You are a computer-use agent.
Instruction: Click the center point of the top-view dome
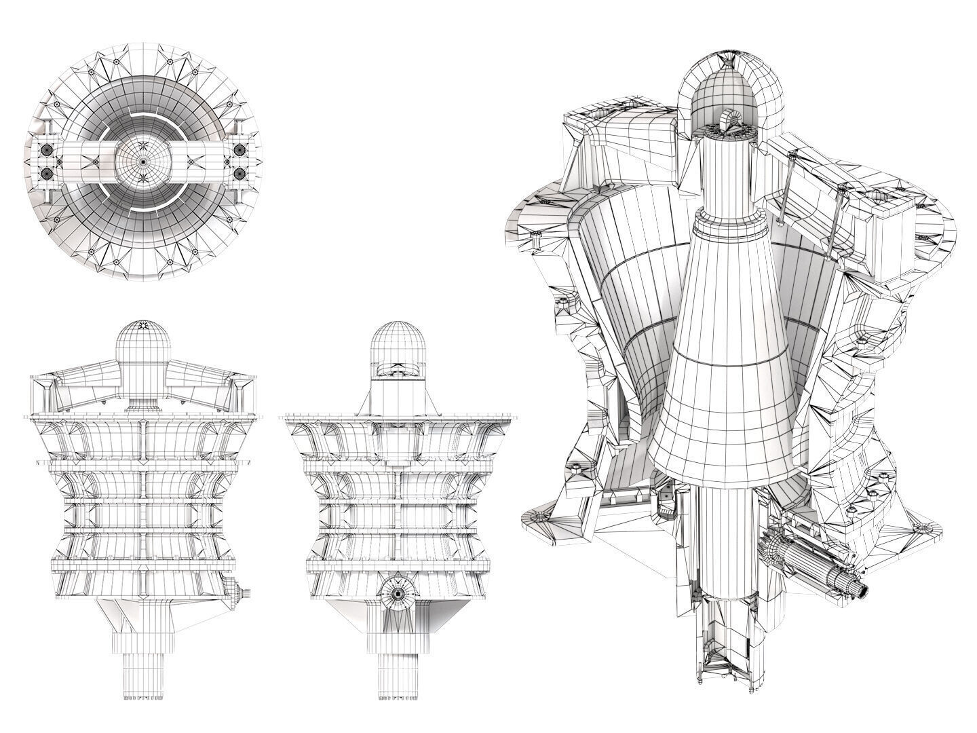(x=143, y=162)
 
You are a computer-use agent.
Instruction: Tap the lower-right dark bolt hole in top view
(x=239, y=174)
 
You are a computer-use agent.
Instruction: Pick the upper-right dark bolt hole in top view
(x=239, y=149)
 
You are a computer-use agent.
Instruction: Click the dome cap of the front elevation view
(x=142, y=346)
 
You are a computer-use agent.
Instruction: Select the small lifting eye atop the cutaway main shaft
(x=731, y=122)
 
